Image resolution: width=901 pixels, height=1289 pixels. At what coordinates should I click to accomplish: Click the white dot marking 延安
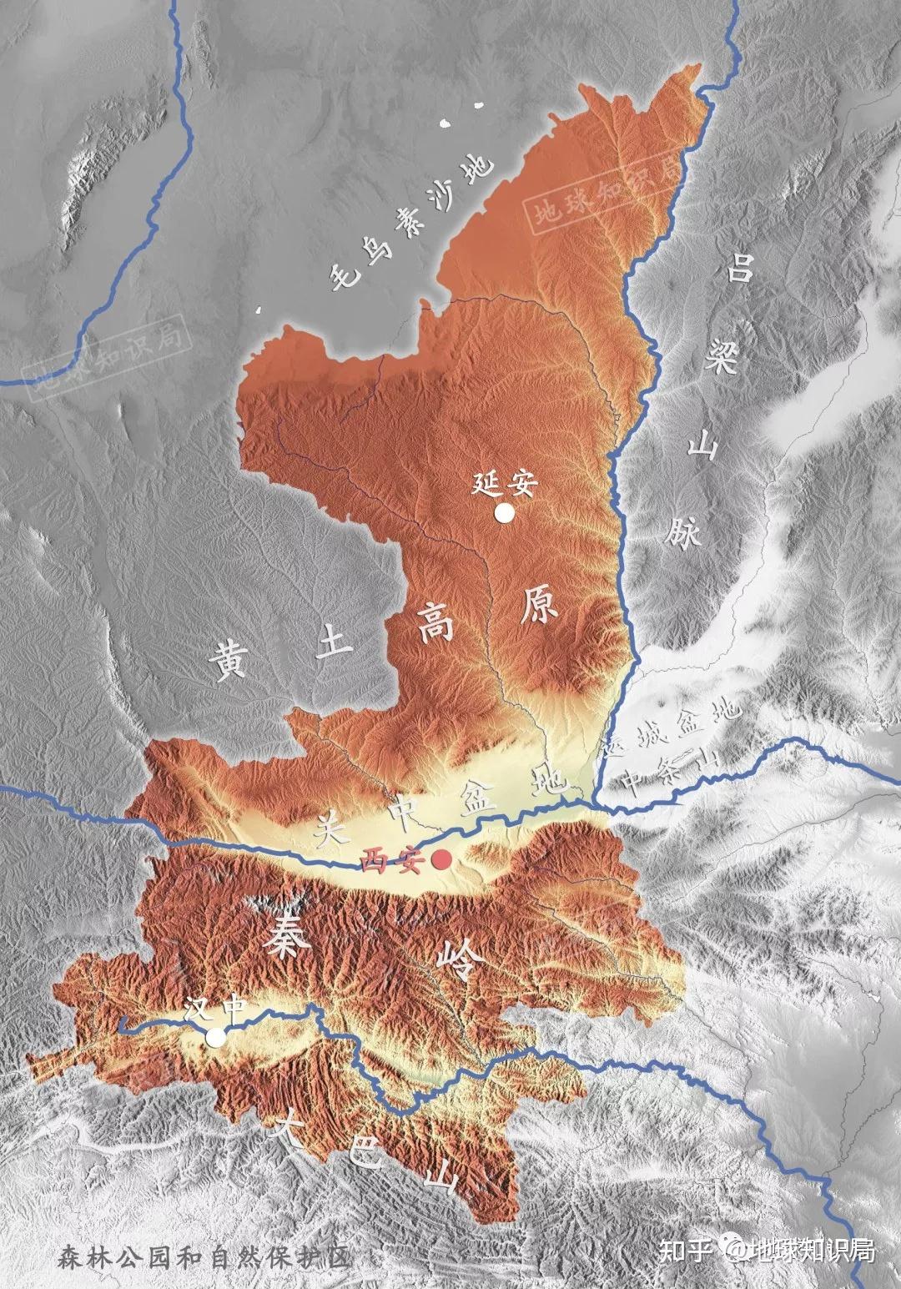pos(504,513)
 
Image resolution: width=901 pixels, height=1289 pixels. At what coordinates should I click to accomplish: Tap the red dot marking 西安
pos(441,859)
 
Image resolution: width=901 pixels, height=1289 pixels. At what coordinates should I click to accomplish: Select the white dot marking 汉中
pos(216,1037)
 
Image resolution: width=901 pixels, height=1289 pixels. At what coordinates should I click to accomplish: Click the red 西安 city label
pos(395,860)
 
